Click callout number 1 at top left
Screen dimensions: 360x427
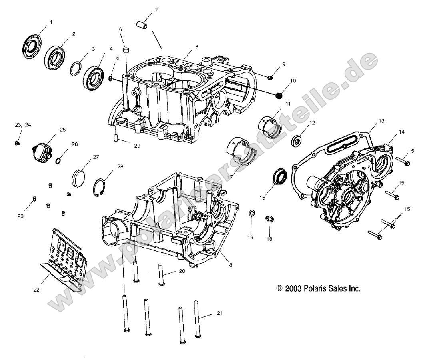coord(51,22)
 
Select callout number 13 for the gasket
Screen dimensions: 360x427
coord(381,120)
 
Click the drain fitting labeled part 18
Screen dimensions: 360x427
coord(269,219)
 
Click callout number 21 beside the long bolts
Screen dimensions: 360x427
coord(219,313)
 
